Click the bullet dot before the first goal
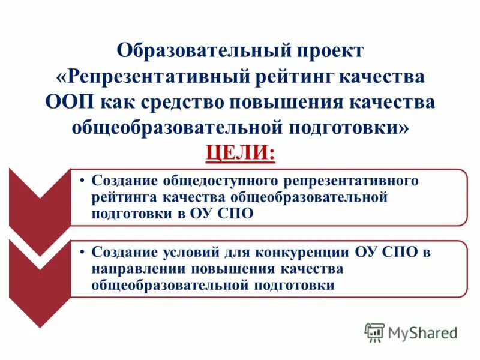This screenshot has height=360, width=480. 84,181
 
